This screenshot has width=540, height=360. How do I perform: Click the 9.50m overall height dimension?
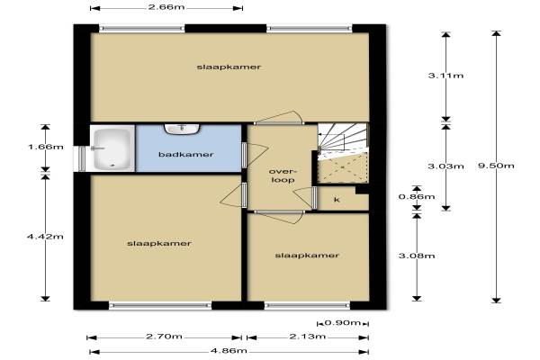[x=496, y=166]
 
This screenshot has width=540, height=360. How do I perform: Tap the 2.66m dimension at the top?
[x=166, y=7]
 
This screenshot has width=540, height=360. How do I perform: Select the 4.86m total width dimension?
[x=229, y=351]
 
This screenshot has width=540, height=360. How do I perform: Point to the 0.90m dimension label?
[x=343, y=323]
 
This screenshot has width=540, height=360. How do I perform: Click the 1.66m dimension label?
[x=46, y=147]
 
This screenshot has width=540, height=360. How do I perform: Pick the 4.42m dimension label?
[x=45, y=237]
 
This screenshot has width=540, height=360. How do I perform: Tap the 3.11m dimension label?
[x=446, y=76]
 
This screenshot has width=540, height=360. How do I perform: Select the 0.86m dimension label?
[x=417, y=197]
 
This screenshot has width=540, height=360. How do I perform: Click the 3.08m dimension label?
[x=417, y=256]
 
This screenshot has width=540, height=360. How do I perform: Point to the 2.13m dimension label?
[x=308, y=337]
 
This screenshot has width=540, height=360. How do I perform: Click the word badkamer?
[x=186, y=155]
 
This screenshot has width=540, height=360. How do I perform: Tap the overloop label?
[x=283, y=175]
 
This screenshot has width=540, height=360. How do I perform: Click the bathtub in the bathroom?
[x=112, y=149]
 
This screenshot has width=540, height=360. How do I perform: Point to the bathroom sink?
[x=182, y=130]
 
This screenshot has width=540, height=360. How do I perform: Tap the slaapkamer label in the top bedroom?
[x=229, y=67]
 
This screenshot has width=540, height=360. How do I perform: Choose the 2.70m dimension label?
[x=164, y=337]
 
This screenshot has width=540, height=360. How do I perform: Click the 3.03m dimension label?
[x=446, y=166]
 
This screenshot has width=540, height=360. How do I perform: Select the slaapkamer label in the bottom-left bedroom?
[x=159, y=244]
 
